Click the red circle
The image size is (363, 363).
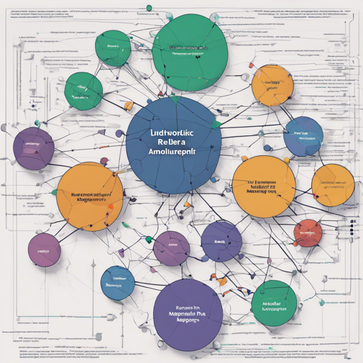point(308,232)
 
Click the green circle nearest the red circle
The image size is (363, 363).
point(274,302)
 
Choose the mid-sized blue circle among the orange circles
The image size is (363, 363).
point(303,137)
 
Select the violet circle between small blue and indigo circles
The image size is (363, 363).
point(171,248)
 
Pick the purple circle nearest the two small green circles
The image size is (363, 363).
point(33,148)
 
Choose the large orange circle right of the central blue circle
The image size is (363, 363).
point(264,186)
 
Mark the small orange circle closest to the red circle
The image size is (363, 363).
point(333,185)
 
